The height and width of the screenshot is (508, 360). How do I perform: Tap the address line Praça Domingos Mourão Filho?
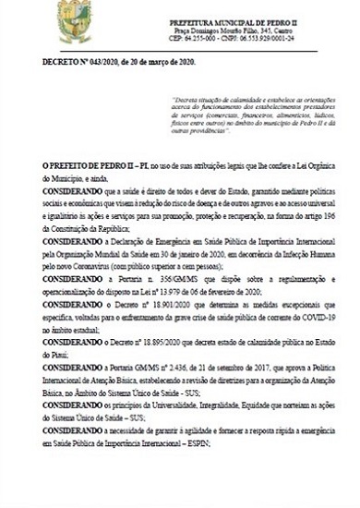click(209, 30)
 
